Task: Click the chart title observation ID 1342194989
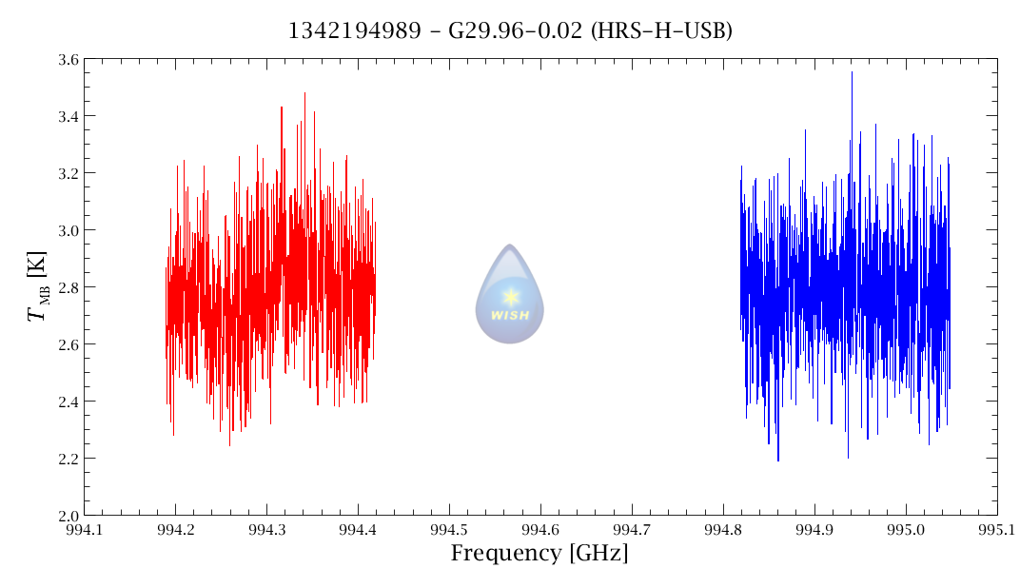click(x=355, y=29)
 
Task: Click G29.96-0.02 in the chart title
click(x=515, y=29)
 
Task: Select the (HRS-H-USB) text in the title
click(x=661, y=30)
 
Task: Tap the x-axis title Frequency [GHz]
click(x=539, y=554)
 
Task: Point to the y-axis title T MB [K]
click(x=37, y=286)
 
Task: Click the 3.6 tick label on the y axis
click(x=69, y=60)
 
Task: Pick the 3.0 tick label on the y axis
click(x=69, y=230)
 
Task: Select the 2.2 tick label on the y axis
click(x=69, y=459)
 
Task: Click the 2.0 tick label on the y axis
click(x=69, y=516)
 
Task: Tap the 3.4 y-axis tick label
click(x=69, y=116)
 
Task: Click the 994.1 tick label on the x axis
click(x=85, y=530)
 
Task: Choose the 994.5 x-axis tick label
click(x=449, y=530)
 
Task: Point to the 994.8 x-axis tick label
click(x=723, y=530)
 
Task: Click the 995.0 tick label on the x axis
click(x=906, y=530)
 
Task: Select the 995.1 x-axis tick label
click(x=997, y=530)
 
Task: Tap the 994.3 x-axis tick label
click(x=266, y=530)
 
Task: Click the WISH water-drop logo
click(x=509, y=294)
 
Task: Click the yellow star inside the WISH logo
click(x=511, y=297)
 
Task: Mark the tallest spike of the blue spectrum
click(x=852, y=73)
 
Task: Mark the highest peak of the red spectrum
click(x=304, y=93)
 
